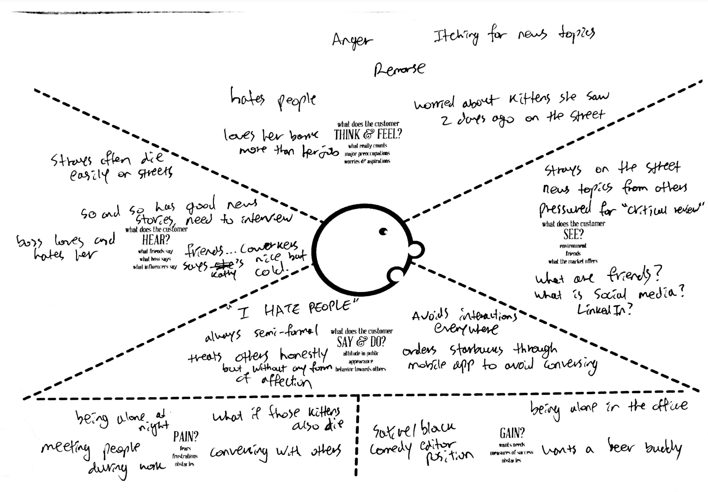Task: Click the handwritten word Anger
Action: point(352,41)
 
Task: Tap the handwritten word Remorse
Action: point(399,69)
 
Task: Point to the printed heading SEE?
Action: point(573,234)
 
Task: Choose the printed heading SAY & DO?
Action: point(361,342)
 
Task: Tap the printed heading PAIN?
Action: point(186,436)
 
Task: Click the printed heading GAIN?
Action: point(512,433)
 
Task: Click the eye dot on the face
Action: point(383,231)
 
